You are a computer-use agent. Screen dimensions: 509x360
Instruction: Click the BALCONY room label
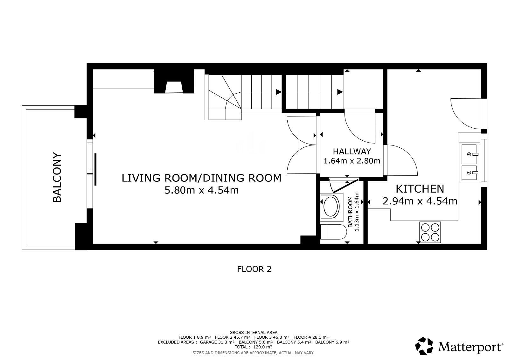57,177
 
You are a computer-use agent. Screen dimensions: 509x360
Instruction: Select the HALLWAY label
352,152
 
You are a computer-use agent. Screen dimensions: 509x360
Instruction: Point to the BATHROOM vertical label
350,211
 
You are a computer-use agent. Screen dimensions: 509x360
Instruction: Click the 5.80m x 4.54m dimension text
202,190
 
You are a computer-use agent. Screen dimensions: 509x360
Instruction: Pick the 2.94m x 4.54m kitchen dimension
420,201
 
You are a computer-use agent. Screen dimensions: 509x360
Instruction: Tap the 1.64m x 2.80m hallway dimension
352,161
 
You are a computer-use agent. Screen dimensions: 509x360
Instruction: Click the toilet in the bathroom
333,232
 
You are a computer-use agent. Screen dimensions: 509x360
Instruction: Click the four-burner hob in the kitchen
430,232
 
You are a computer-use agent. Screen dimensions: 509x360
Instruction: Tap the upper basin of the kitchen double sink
469,154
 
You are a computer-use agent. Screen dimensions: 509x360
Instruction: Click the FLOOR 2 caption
254,269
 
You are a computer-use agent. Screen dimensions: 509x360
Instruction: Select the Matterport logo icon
424,346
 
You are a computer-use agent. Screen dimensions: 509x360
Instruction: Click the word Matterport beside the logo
470,347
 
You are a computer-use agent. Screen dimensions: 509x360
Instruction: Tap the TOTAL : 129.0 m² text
253,347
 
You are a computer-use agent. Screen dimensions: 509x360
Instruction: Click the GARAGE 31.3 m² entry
217,342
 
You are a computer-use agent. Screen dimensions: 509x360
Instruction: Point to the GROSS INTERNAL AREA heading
253,333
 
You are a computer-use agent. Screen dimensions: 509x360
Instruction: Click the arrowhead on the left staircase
279,92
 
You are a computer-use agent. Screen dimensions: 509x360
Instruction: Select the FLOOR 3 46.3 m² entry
272,337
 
